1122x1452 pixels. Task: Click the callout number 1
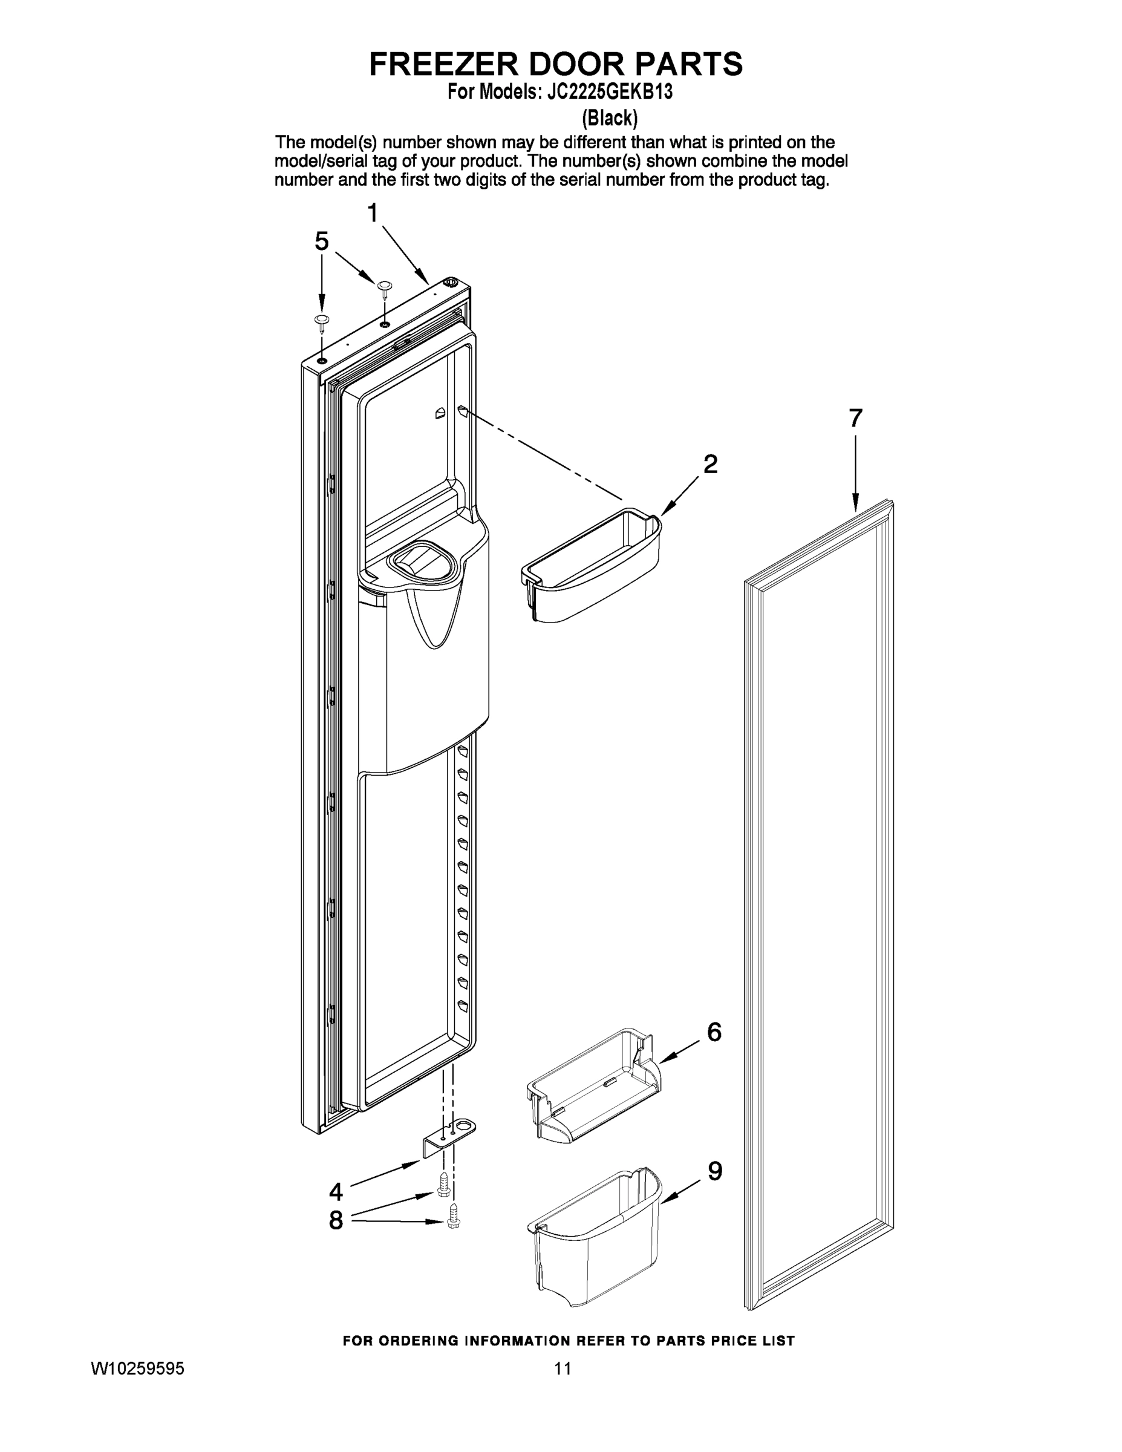pos(373,214)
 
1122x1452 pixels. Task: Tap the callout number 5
pos(322,241)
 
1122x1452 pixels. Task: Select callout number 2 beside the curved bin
pos(711,464)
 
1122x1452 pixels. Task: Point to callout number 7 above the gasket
pos(855,418)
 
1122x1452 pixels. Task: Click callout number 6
pos(714,1032)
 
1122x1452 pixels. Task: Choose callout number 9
pos(714,1171)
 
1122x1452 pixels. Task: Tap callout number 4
pos(336,1192)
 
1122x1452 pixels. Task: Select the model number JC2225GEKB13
pos(610,93)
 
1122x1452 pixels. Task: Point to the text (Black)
pos(610,119)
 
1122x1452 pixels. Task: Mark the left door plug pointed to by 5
pos(322,322)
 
